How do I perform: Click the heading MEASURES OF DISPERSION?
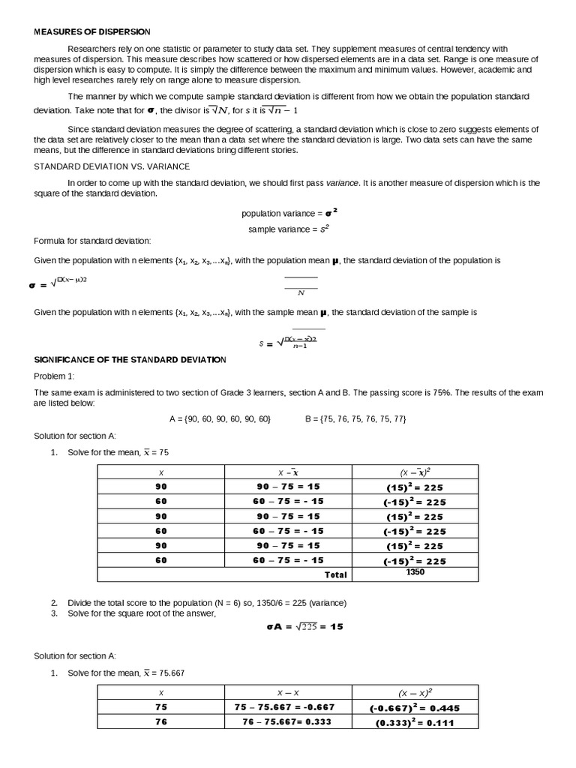click(92, 31)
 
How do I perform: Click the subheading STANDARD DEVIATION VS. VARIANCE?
click(112, 166)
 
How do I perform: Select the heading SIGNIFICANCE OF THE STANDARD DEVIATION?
click(130, 360)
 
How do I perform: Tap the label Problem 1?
click(55, 376)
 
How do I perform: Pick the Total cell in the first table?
click(335, 574)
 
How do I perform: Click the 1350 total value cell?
click(415, 572)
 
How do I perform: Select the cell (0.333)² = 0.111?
click(415, 723)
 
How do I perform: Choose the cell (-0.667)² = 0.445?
click(415, 707)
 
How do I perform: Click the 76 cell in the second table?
click(161, 722)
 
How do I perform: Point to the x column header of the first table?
click(161, 472)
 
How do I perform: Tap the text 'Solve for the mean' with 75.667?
click(126, 673)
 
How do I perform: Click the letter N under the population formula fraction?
click(301, 293)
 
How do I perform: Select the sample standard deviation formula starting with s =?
click(289, 342)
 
